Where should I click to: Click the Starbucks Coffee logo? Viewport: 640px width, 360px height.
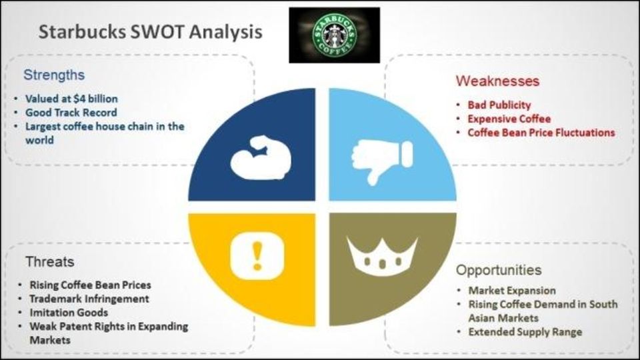(x=334, y=35)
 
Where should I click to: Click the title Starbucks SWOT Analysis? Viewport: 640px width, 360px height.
(x=150, y=32)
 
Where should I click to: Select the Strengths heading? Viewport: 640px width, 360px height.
(x=54, y=75)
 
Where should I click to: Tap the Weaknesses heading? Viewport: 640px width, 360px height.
(x=497, y=81)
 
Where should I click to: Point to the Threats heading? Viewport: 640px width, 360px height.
(x=50, y=261)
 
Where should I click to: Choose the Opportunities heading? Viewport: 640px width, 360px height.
(x=499, y=270)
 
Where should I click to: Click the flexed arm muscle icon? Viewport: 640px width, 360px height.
(x=261, y=158)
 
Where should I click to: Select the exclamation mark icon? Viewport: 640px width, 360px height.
(x=257, y=256)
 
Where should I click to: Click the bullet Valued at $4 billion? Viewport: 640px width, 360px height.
(x=71, y=99)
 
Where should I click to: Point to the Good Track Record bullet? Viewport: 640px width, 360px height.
(x=71, y=113)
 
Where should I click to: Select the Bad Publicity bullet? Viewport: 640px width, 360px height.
(x=499, y=105)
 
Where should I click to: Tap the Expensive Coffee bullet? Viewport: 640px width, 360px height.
(x=509, y=119)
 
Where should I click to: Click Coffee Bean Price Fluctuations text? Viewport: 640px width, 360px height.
(x=541, y=133)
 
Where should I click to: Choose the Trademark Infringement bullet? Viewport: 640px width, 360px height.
(x=89, y=299)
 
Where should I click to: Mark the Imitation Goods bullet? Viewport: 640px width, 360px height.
(x=69, y=313)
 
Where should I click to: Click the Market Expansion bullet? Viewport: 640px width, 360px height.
(x=512, y=291)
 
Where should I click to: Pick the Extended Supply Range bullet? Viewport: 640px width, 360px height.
(x=525, y=332)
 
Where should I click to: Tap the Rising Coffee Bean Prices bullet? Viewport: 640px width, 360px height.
(x=90, y=285)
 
